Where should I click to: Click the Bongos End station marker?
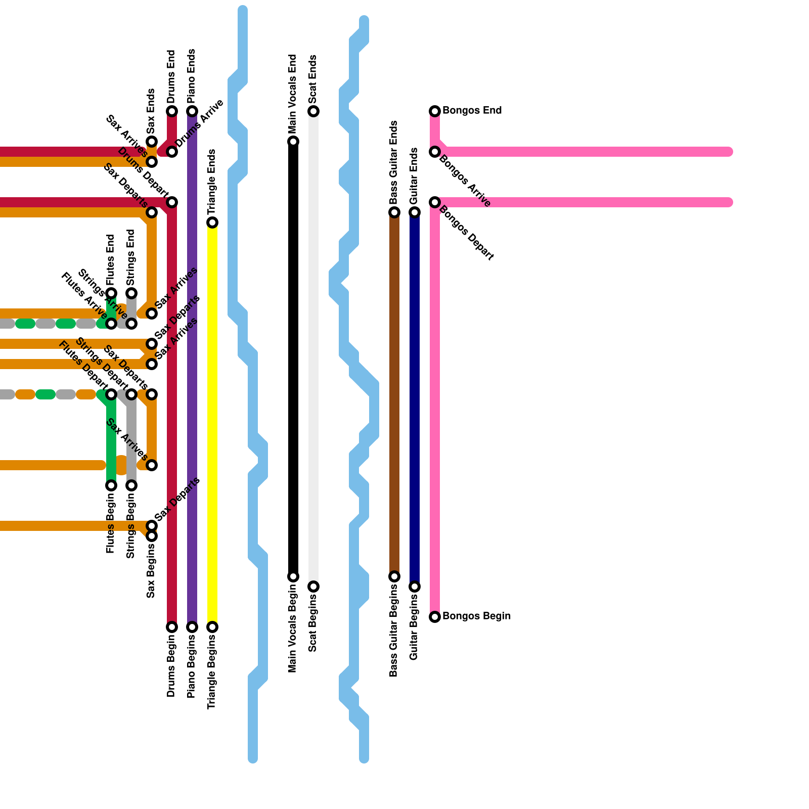click(x=435, y=111)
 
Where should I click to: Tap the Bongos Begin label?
click(x=476, y=616)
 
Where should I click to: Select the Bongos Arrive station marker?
click(x=435, y=152)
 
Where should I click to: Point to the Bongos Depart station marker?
click(x=435, y=202)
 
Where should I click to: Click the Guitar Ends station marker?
click(x=415, y=212)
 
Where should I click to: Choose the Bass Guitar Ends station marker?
click(x=394, y=212)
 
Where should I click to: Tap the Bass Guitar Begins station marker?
click(x=394, y=576)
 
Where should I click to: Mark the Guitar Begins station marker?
click(x=415, y=587)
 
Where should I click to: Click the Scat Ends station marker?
click(x=313, y=111)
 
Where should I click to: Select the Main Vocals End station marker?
click(x=293, y=142)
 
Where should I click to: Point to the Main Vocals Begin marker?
click(x=293, y=576)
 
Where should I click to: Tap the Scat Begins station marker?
click(x=313, y=587)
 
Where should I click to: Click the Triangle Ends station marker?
click(x=212, y=222)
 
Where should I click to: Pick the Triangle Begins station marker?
click(x=212, y=627)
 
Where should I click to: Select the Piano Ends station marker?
click(x=192, y=111)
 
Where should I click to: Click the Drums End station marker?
click(x=172, y=111)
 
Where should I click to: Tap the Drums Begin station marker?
click(x=172, y=627)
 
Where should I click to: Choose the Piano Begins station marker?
click(x=192, y=627)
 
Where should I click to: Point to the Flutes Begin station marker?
click(x=111, y=485)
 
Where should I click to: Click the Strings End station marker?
click(x=131, y=293)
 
